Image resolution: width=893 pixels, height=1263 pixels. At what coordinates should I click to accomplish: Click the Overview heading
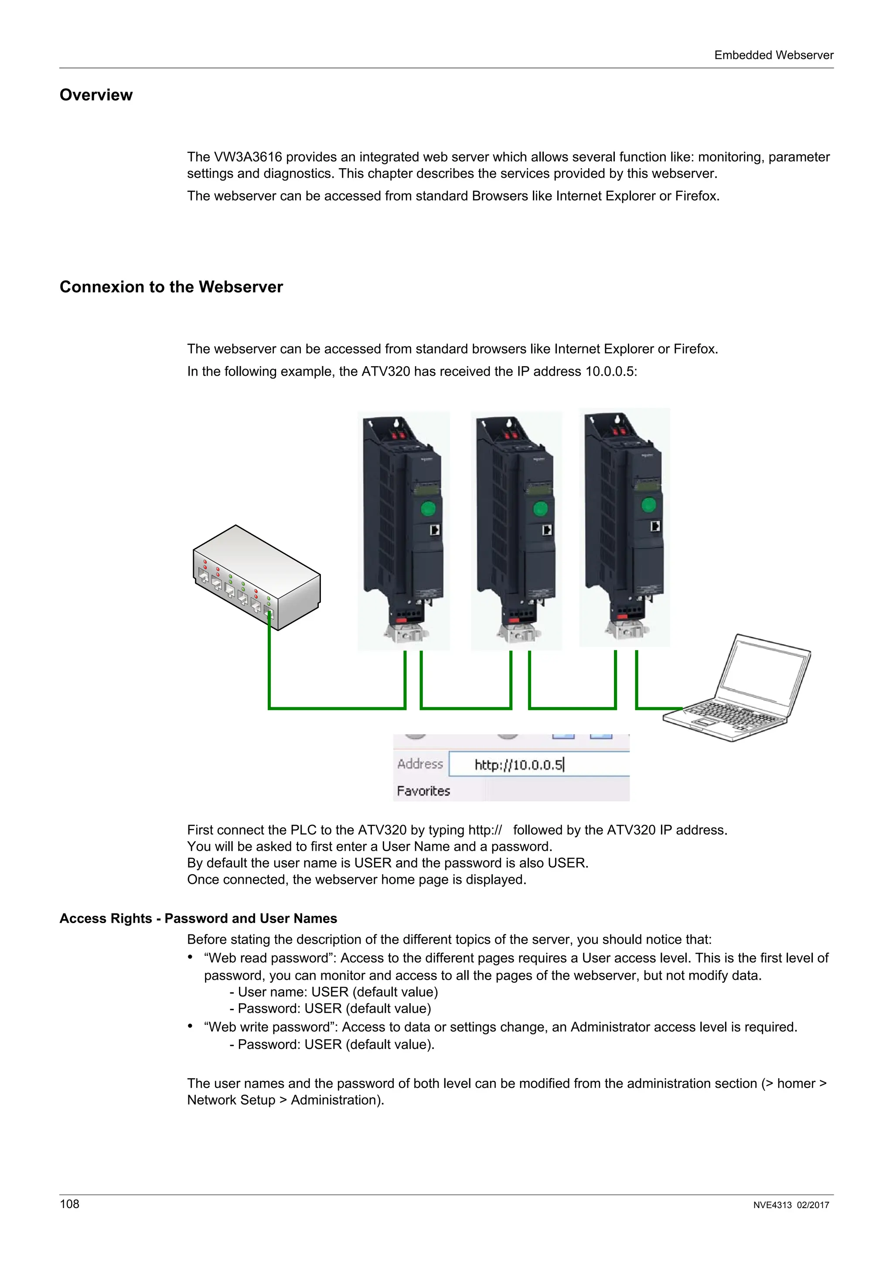[96, 95]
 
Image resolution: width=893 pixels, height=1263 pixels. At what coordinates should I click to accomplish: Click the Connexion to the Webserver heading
[170, 287]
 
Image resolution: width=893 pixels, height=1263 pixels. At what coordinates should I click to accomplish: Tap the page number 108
[69, 1204]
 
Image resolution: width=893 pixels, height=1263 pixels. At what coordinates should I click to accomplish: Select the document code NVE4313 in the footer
[772, 1205]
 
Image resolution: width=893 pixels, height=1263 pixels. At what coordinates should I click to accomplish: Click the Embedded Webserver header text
[773, 55]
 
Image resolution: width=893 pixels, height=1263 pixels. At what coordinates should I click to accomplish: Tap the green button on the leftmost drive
[428, 508]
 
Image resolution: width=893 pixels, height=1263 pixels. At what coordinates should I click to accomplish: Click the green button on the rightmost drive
[649, 505]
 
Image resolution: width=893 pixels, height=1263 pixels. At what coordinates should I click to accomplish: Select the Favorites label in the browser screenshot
[423, 791]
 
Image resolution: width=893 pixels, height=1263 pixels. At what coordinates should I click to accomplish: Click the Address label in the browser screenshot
[420, 764]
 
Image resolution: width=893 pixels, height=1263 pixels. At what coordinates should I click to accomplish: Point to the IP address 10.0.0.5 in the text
[609, 371]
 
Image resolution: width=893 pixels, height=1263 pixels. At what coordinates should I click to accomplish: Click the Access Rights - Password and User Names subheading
[198, 918]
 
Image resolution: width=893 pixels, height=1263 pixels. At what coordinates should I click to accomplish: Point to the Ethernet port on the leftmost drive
[435, 530]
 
